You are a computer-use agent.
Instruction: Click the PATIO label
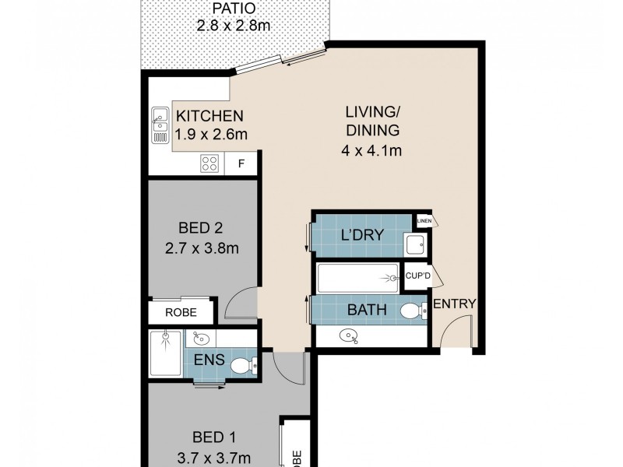click(232, 12)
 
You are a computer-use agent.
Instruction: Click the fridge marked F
click(241, 163)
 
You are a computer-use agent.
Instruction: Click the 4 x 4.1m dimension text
click(371, 150)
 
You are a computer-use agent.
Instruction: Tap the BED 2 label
click(199, 229)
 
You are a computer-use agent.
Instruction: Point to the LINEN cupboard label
click(424, 221)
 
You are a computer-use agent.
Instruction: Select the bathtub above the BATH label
click(359, 278)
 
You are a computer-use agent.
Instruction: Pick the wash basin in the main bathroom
click(348, 336)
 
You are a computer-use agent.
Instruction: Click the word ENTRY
click(454, 304)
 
